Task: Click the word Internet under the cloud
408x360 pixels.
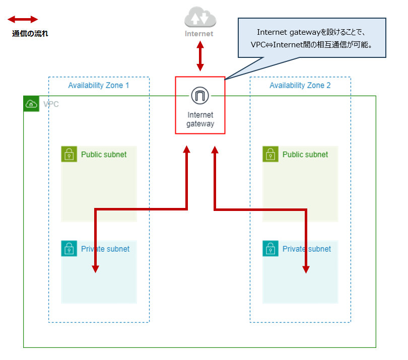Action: (199, 34)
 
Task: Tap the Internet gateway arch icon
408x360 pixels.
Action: (200, 95)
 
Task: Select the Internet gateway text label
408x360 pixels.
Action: (200, 119)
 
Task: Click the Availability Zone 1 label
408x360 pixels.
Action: (99, 86)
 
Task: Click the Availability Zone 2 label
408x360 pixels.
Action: (300, 86)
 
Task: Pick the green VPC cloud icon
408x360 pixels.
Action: (31, 104)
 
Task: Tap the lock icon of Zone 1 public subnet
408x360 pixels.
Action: (69, 154)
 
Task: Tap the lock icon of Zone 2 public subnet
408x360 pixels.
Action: (270, 154)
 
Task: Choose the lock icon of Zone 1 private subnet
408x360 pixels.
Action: (69, 248)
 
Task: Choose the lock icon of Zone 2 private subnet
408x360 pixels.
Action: (270, 248)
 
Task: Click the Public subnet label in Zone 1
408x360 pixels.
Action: (104, 155)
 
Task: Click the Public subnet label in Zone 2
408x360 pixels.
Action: (305, 155)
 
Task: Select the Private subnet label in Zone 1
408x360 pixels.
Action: (105, 249)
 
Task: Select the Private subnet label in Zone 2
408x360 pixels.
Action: (307, 249)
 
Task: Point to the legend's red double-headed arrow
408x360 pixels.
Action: (23, 20)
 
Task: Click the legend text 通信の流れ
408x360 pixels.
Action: (30, 34)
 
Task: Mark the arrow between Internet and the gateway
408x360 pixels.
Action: (200, 56)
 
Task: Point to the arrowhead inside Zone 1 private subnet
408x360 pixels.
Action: (95, 268)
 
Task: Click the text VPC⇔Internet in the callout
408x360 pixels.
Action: (283, 44)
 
